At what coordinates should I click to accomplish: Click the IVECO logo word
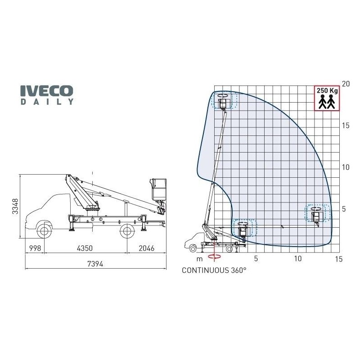47,91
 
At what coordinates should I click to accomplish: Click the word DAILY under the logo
47,102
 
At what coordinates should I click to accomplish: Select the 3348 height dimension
15,207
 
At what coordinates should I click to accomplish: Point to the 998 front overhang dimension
35,248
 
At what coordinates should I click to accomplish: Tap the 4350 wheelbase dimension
85,248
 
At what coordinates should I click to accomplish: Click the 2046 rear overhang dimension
147,248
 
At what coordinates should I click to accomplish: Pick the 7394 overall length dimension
95,264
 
